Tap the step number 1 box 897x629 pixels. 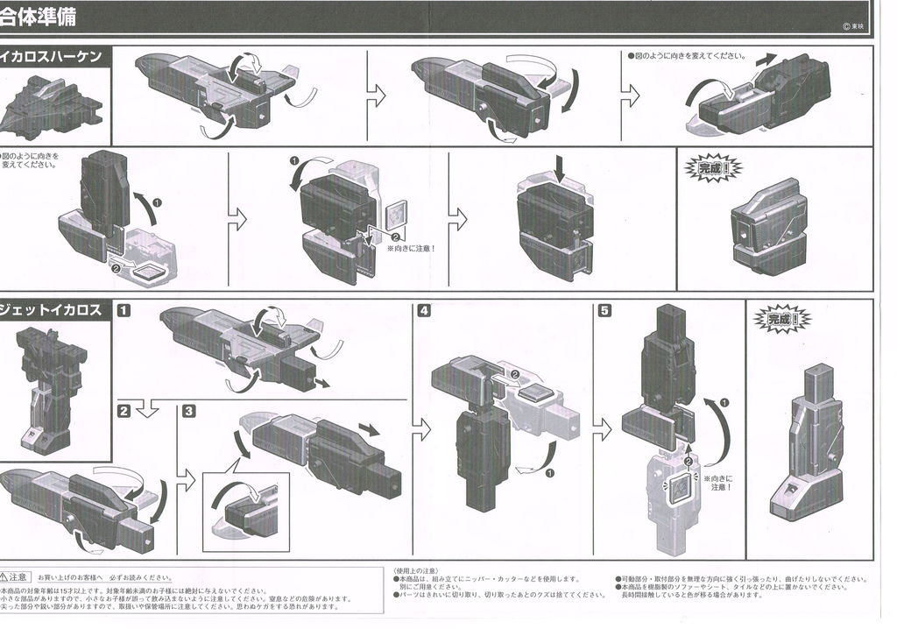pyautogui.click(x=125, y=310)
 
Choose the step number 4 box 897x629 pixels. pyautogui.click(x=424, y=310)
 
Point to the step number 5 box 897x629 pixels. pyautogui.click(x=604, y=310)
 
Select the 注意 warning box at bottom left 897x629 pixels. pyautogui.click(x=17, y=577)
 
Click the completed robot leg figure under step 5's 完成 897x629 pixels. pyautogui.click(x=806, y=447)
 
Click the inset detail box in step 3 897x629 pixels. pyautogui.click(x=245, y=512)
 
